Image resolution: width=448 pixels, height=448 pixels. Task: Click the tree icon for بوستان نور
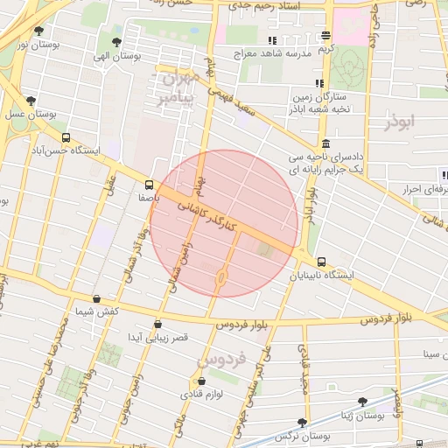38,31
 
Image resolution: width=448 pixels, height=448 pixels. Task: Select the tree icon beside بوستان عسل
31,101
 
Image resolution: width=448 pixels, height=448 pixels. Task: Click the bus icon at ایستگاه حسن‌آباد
66,138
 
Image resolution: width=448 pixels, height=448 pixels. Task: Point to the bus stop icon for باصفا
149,185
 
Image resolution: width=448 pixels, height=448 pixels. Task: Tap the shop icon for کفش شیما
96,298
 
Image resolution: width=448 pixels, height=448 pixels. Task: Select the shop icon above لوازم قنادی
202,381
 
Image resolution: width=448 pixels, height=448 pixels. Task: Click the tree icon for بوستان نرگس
303,422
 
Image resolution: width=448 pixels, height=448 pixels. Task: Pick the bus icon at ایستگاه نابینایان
322,262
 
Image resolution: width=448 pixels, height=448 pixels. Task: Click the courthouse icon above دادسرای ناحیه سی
325,143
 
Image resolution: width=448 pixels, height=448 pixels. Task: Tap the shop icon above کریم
325,36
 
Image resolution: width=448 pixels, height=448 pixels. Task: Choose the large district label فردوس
216,359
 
